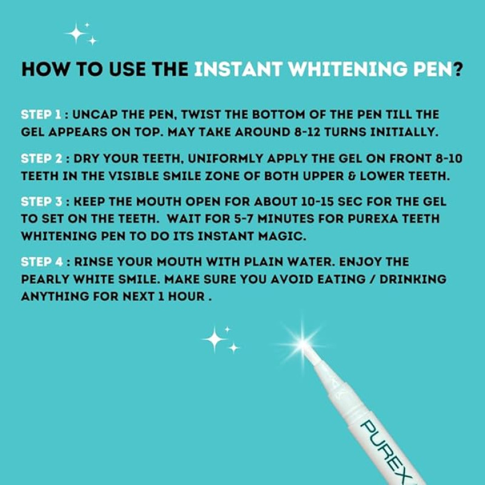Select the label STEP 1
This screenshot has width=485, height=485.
point(41,115)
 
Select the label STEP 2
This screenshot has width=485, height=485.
point(41,159)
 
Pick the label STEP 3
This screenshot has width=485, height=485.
point(41,202)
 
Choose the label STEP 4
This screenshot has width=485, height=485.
point(42,262)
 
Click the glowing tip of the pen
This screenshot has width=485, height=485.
point(303,344)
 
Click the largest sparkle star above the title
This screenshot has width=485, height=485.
point(75,33)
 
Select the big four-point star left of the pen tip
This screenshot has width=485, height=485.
point(214,339)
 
